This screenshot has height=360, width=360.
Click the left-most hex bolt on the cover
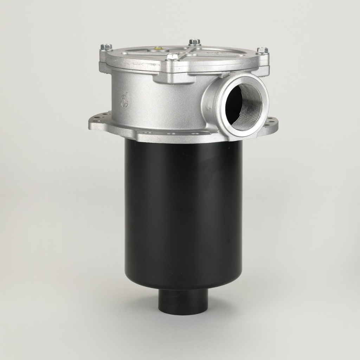106,47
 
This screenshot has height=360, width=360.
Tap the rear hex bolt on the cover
194,42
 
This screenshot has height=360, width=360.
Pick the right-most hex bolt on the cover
262,51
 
